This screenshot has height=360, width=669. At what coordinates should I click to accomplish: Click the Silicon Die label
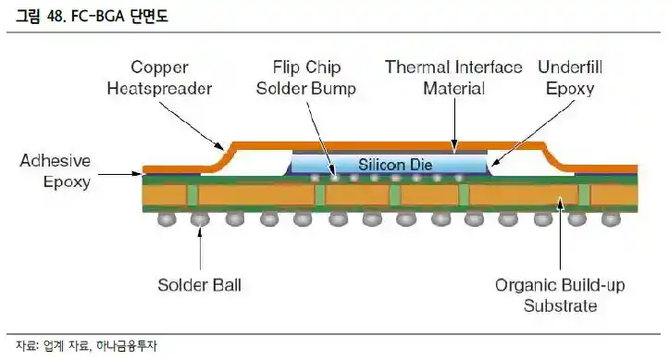[388, 164]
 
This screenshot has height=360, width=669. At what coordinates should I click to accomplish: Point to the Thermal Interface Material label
[453, 79]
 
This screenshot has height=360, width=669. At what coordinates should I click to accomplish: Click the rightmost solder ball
[611, 218]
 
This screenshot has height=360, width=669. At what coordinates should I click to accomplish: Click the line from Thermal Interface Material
[454, 120]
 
